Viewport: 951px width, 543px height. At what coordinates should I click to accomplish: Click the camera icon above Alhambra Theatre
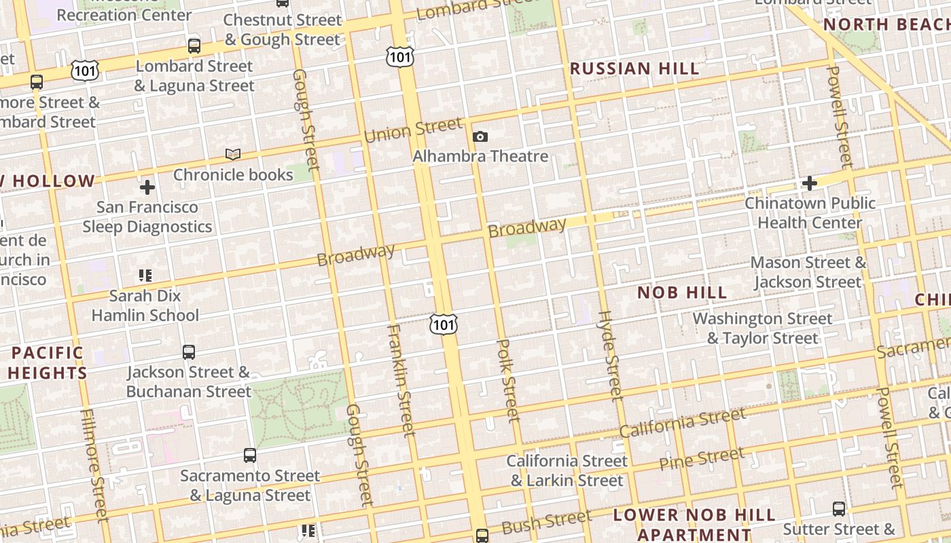(480, 137)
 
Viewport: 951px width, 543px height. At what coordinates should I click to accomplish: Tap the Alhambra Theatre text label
(480, 156)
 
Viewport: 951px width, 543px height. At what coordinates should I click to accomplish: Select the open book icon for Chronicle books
(233, 155)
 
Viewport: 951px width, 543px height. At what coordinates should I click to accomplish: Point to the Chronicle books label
(233, 174)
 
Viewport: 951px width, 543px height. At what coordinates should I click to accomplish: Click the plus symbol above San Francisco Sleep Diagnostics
(147, 187)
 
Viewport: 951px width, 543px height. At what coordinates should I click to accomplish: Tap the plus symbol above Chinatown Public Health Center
(809, 183)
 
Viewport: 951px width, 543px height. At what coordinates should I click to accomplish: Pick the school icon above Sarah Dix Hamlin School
(145, 276)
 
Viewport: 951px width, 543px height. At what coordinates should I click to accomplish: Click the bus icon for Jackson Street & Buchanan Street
(189, 352)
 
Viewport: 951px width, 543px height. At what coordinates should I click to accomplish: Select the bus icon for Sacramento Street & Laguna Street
(250, 455)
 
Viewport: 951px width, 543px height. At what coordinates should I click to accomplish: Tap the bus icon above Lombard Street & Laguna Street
(194, 46)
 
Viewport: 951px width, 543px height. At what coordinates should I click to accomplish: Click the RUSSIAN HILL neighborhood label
(634, 69)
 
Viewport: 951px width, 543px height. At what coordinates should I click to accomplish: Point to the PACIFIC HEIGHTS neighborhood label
(48, 362)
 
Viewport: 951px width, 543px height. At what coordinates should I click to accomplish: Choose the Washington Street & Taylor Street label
(762, 328)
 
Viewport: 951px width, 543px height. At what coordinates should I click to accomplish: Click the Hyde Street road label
(611, 356)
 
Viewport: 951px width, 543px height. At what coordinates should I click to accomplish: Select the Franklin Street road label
(400, 380)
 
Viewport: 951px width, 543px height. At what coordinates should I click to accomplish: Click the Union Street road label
(413, 129)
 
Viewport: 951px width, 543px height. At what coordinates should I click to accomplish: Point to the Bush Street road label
(546, 523)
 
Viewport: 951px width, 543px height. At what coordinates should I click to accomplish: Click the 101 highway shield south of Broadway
(444, 324)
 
